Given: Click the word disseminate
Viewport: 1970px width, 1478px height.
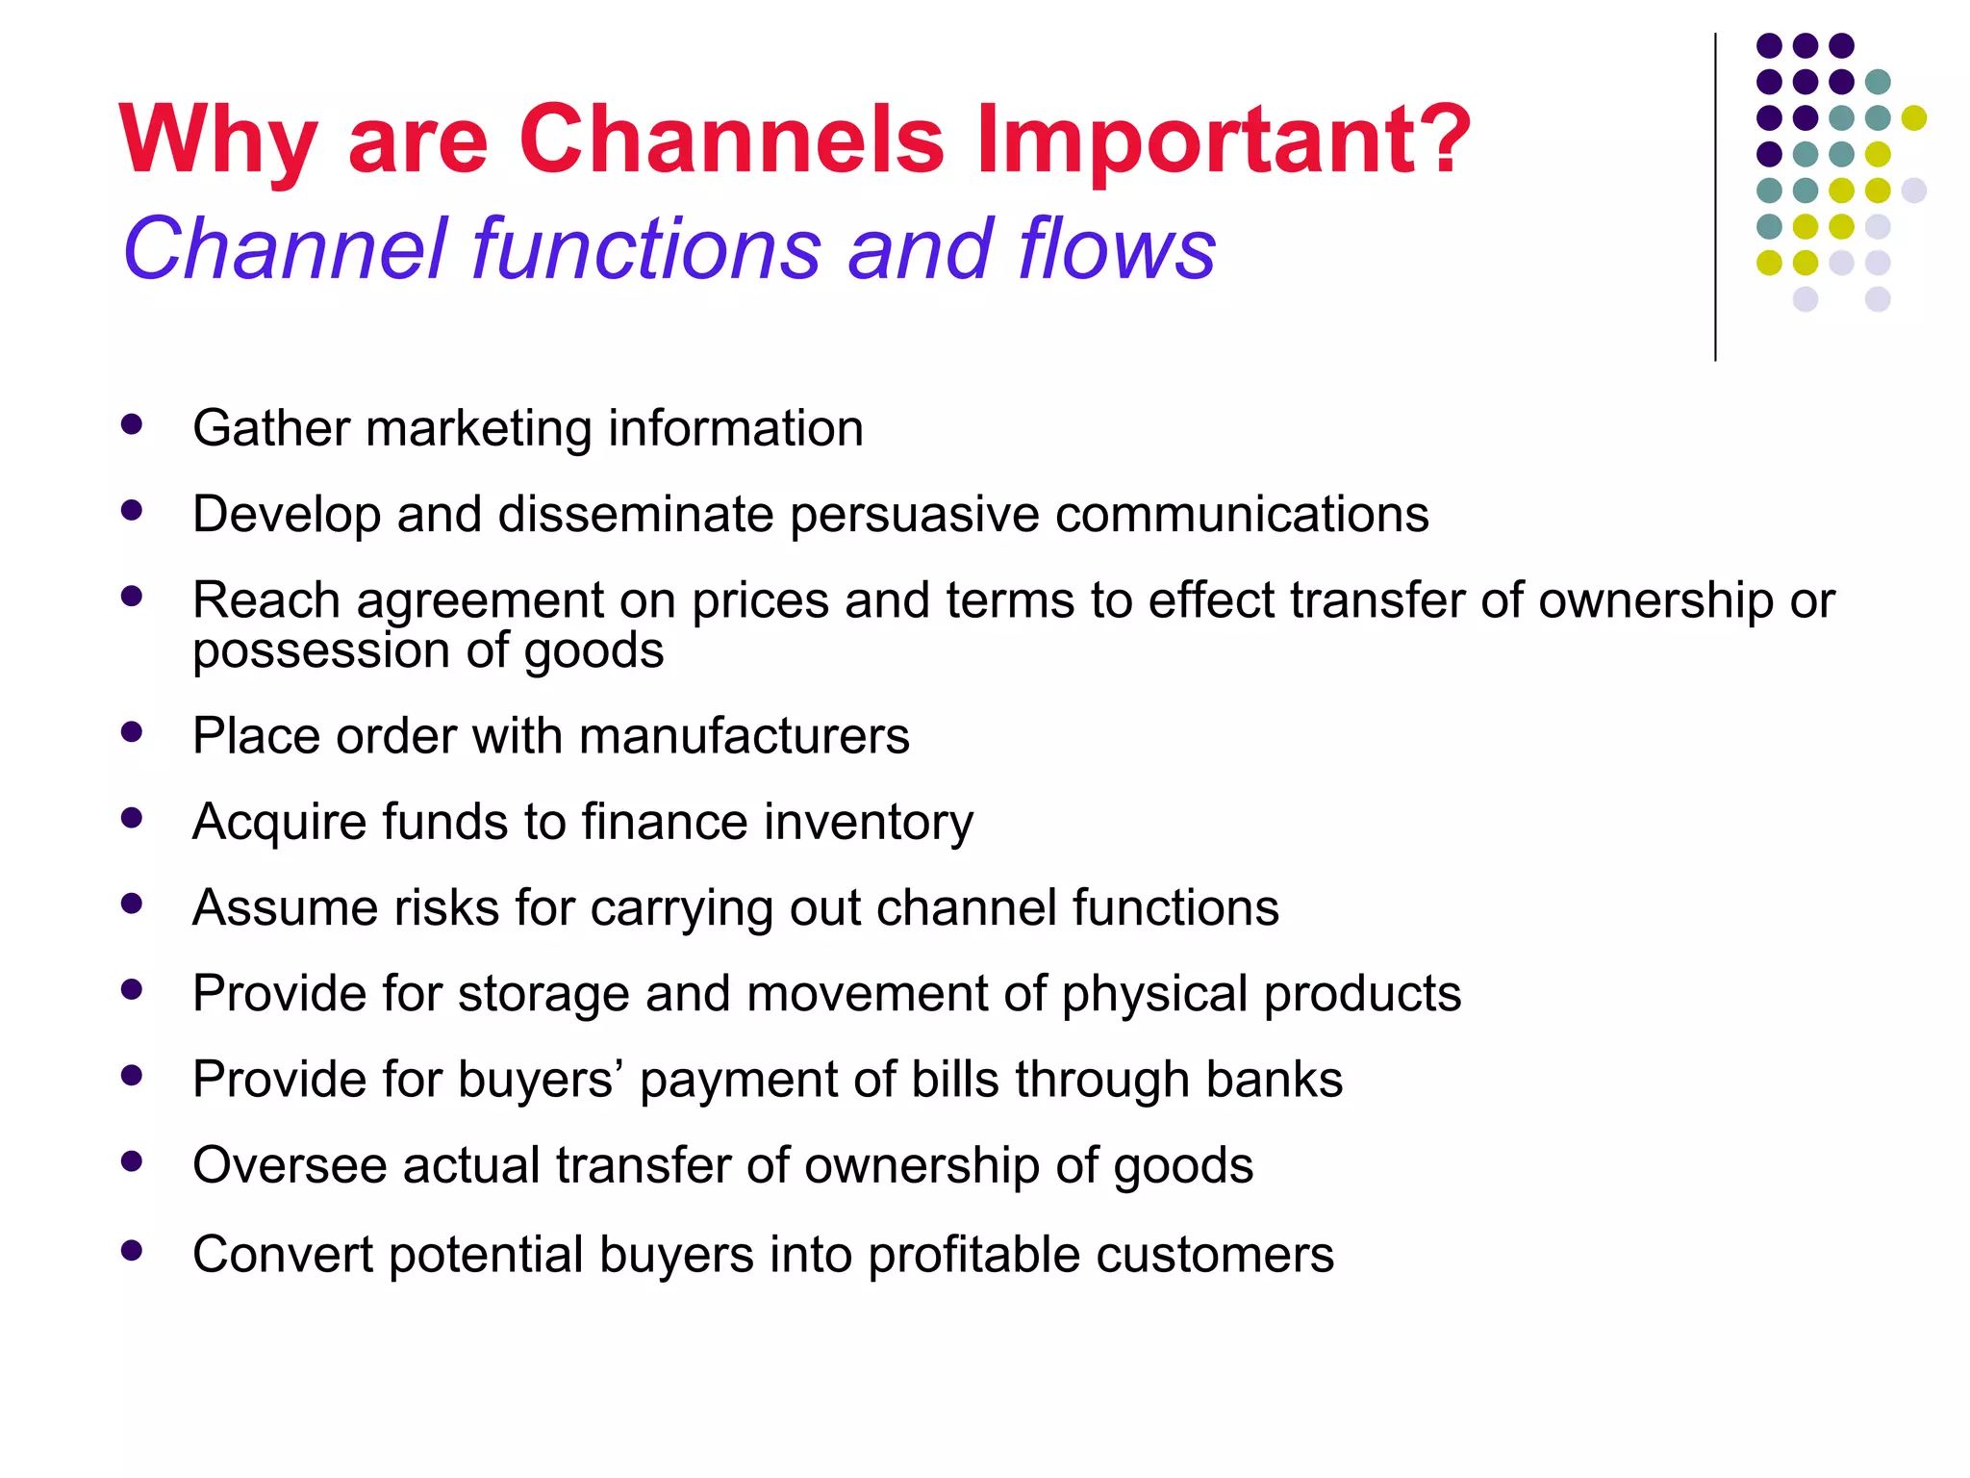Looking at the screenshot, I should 636,514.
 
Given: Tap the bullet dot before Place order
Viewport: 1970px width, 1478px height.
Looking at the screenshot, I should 132,732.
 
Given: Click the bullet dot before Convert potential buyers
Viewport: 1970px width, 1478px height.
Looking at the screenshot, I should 132,1251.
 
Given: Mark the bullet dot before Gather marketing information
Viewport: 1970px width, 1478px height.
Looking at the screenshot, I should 132,424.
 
